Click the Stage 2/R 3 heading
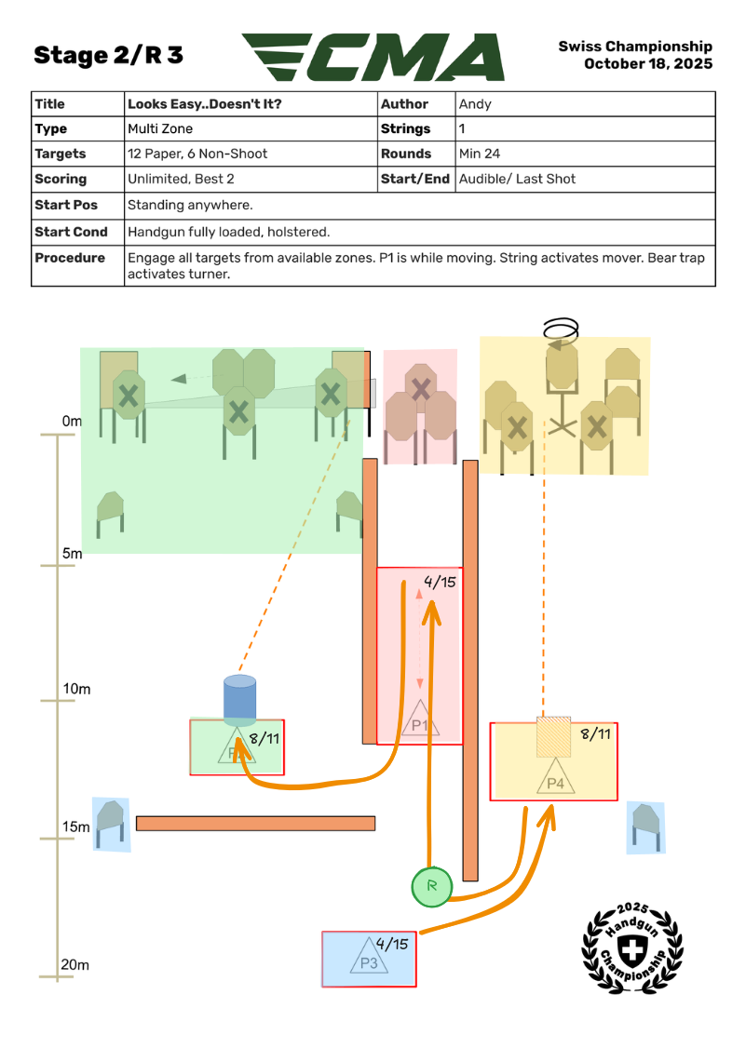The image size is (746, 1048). [108, 56]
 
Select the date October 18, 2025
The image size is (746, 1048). [648, 64]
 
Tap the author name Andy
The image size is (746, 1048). [475, 104]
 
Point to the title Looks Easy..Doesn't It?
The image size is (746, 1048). [204, 104]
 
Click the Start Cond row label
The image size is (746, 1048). [71, 232]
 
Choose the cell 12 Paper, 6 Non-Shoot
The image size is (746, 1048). [197, 154]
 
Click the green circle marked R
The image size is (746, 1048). [431, 886]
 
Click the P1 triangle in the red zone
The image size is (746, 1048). [420, 719]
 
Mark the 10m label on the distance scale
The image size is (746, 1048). [75, 690]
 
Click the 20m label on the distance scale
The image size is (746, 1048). [75, 965]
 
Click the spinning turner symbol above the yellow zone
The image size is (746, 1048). [561, 330]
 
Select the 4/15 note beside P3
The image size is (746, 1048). [394, 944]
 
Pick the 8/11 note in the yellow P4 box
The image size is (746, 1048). [596, 734]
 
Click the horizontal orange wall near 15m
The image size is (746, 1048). [255, 824]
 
